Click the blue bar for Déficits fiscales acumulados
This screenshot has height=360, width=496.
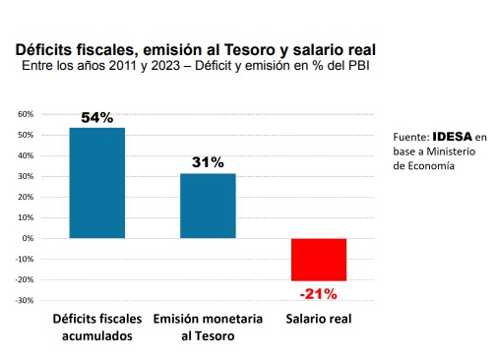pos(97,183)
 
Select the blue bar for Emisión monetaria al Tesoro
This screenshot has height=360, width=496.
pos(208,206)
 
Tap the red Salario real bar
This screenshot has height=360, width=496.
pos(319,260)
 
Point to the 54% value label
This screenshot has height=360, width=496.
pos(97,118)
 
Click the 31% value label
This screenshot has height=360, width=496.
pos(208,162)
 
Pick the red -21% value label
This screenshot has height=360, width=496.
pos(319,294)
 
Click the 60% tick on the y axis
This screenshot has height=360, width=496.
pos(26,114)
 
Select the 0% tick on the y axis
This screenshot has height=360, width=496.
pos(28,238)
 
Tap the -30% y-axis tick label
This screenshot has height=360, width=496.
pos(25,300)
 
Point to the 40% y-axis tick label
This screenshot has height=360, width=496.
pos(26,155)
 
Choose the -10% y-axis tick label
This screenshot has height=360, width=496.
pos(25,259)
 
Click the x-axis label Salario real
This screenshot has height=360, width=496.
pos(319,319)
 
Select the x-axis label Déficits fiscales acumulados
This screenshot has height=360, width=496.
pos(97,328)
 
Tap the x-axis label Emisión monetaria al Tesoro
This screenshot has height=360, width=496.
pos(208,328)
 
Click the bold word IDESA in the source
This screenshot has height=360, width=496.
pos(453,137)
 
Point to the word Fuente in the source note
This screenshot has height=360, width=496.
pos(411,137)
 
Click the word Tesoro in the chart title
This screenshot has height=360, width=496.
pos(250,50)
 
